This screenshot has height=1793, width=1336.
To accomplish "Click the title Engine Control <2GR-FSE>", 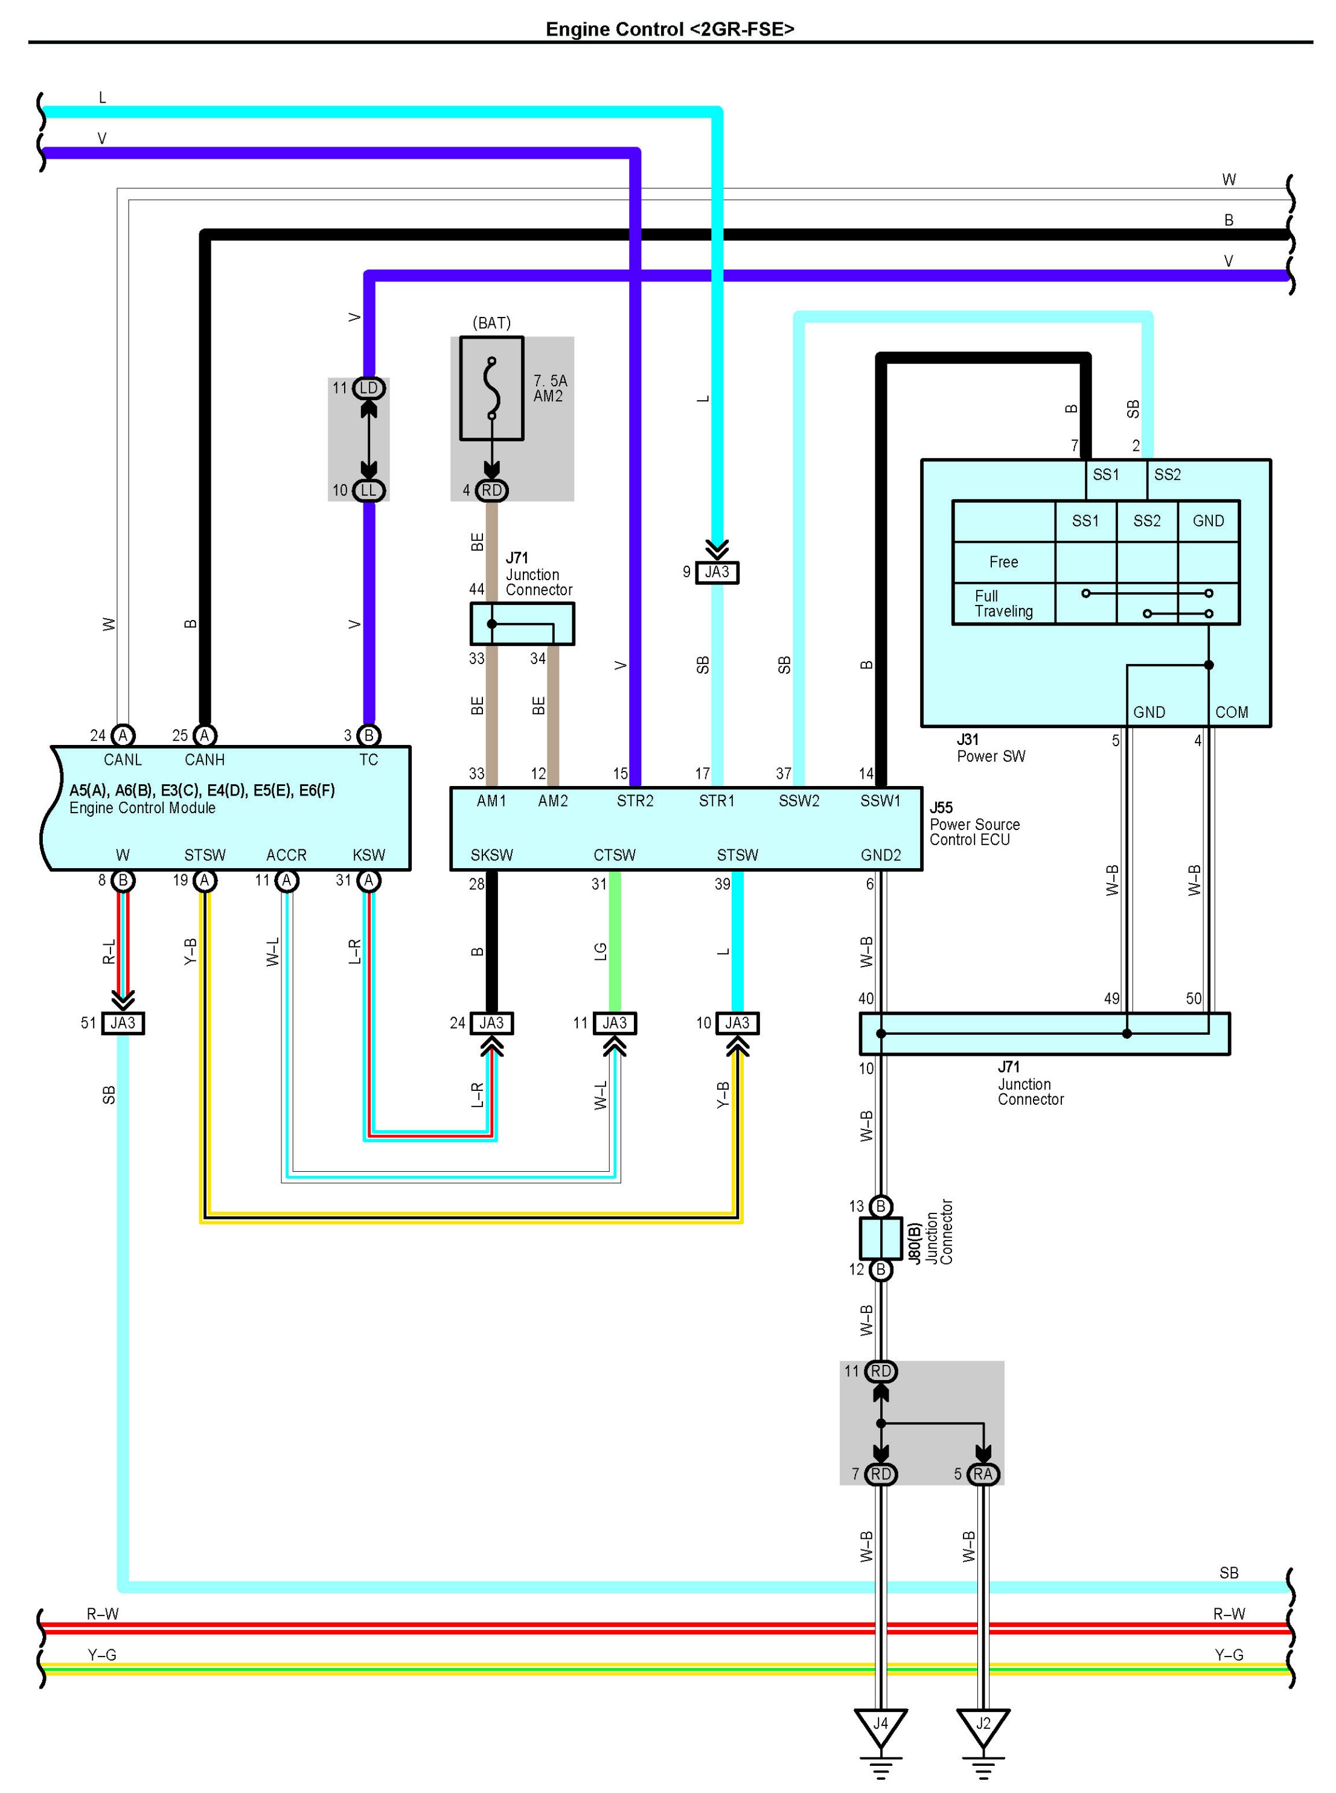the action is point(670,29).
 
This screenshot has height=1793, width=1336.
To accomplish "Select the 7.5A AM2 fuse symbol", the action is point(491,389).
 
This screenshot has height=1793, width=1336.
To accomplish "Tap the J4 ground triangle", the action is point(881,1727).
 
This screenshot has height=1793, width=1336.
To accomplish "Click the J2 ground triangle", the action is point(983,1727).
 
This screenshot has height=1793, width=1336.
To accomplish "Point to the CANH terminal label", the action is point(205,759).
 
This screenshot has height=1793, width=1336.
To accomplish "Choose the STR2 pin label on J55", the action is point(635,801).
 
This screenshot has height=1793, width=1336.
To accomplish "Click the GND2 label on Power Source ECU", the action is point(881,855).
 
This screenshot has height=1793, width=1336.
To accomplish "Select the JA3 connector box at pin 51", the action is point(123,1023).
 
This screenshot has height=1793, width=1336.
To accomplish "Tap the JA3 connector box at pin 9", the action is point(717,572).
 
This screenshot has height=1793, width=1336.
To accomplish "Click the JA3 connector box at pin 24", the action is point(491,1023).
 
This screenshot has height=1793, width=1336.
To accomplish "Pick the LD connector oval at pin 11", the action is point(369,388).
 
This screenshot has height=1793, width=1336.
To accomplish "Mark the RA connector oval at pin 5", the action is point(983,1474).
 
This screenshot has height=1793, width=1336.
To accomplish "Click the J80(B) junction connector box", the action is point(881,1238).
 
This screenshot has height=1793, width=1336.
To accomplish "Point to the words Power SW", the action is point(991,756).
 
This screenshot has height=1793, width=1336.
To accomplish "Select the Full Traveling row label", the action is point(1003,603).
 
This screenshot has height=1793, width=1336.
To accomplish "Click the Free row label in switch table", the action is point(1003,562).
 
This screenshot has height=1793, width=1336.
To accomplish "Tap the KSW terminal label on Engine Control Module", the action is point(369,855).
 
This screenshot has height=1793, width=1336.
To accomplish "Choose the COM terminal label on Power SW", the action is point(1231,712).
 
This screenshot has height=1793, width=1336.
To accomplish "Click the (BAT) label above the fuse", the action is point(491,323).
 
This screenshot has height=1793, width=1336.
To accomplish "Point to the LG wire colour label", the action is point(600,952).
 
